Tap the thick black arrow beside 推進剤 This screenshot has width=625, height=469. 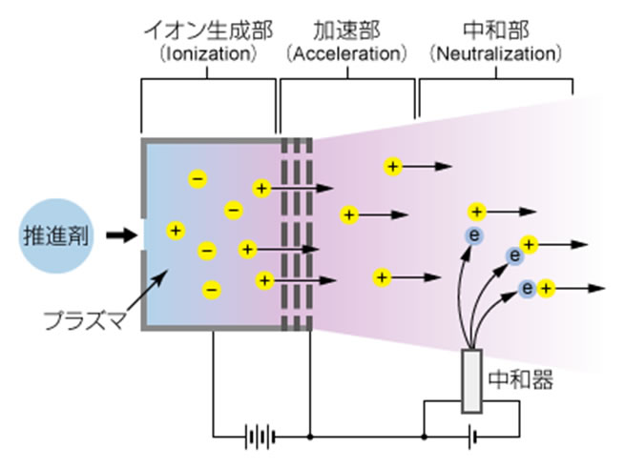coord(120,234)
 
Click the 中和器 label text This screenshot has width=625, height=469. coord(520,381)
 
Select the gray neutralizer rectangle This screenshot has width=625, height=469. coord(471,381)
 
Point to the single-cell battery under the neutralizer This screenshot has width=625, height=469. coord(471,438)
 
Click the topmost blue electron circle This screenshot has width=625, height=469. coord(472,234)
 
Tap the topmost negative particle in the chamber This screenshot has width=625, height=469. coord(197,177)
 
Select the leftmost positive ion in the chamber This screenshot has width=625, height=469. coord(175,230)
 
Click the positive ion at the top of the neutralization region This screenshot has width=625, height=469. coord(392,167)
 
